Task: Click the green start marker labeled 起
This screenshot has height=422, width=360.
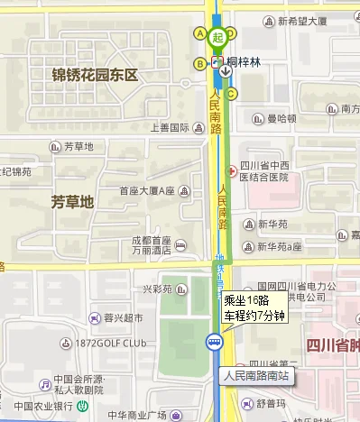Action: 217,39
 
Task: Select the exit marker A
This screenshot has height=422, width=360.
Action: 200,34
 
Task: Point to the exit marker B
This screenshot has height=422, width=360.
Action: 199,63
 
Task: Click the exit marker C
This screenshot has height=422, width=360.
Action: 232,94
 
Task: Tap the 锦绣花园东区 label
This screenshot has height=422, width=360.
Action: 94,75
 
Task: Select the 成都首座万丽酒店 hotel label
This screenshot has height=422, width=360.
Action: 151,245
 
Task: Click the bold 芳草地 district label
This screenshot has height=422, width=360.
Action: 72,201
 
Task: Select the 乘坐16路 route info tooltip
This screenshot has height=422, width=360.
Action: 254,307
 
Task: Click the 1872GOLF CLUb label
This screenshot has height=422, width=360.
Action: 111,344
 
